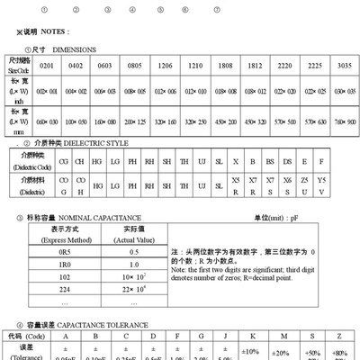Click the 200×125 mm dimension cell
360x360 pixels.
pyautogui.click(x=135, y=121)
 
